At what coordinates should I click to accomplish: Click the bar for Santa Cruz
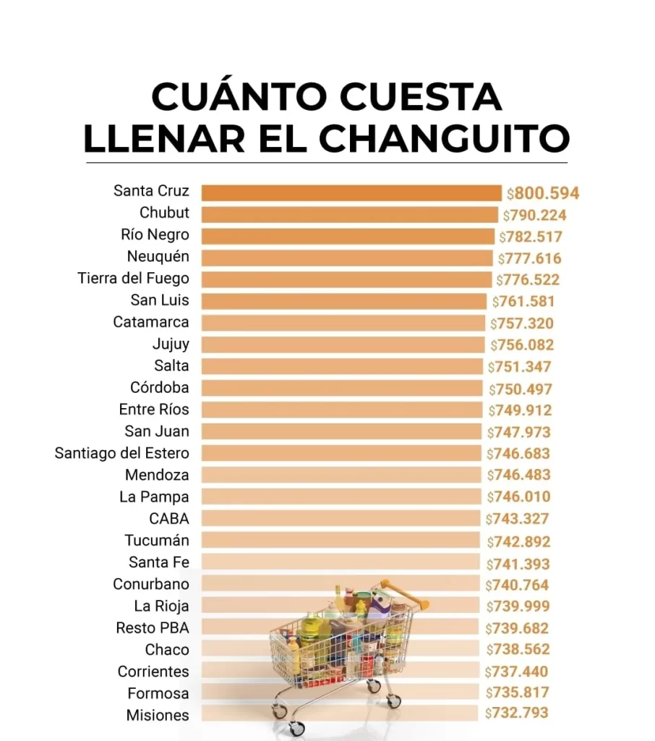coord(351,192)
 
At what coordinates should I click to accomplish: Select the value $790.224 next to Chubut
coord(535,215)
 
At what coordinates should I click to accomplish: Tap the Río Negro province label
coord(155,234)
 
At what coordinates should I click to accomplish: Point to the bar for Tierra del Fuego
coord(347,279)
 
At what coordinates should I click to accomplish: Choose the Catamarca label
coord(150,322)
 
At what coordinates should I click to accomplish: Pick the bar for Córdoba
coord(341,388)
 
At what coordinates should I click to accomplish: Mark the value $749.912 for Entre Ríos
coord(519,410)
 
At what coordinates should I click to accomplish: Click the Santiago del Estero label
coord(121,453)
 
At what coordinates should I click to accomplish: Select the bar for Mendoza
coord(341,475)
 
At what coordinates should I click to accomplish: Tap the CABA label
coord(168,519)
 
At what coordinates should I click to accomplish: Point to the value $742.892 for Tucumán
coord(518,541)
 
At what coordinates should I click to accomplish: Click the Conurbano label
coord(150,584)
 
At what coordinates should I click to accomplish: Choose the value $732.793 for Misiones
coord(516,713)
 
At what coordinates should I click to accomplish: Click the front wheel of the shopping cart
coord(296,728)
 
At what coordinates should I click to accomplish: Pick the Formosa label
coord(158,693)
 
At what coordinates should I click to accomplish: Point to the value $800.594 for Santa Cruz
coord(543,193)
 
